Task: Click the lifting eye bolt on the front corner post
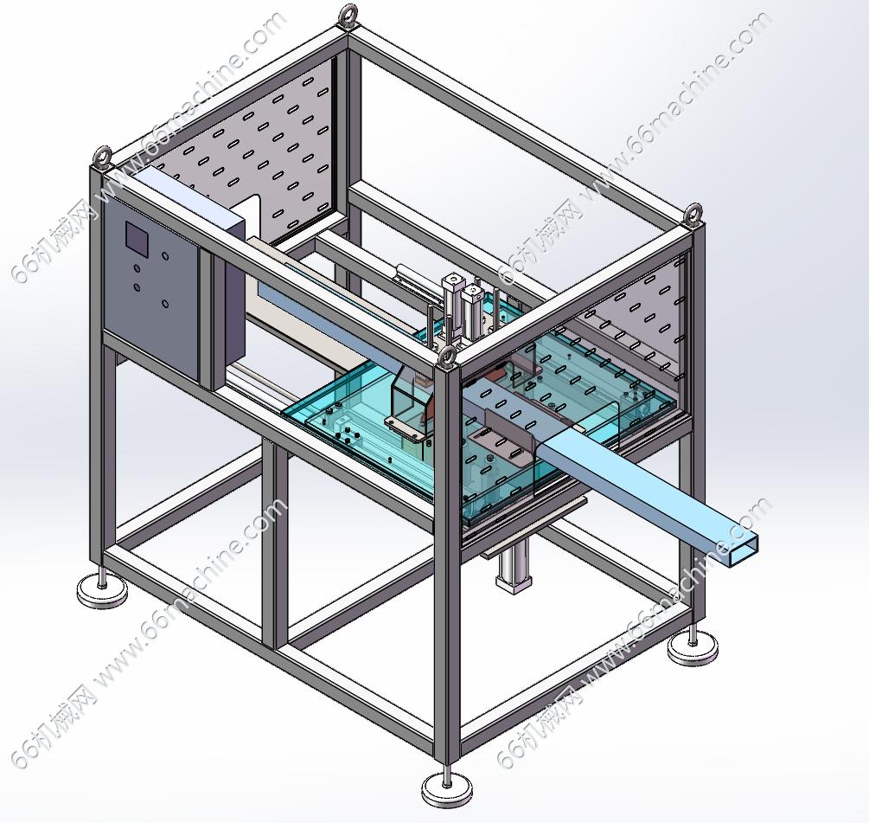tap(447, 357)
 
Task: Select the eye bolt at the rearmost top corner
tap(348, 15)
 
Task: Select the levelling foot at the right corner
tap(693, 646)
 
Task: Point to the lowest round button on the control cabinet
tap(164, 304)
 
